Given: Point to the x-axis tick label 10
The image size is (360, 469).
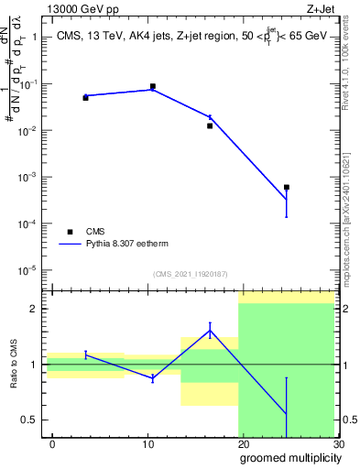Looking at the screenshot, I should [147, 444].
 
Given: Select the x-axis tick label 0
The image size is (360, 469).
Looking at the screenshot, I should [52, 444].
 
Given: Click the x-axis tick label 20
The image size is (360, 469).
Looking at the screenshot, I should [243, 444].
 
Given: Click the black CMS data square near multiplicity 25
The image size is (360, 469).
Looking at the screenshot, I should [287, 187].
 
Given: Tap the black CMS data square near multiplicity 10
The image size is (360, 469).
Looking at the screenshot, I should [152, 86].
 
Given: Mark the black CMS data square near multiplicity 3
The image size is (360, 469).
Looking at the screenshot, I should [85, 97].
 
